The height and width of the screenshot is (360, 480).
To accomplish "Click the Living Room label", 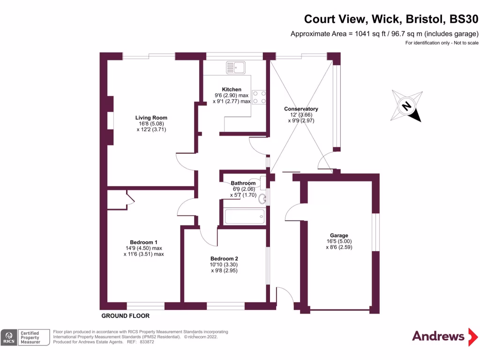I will [x=151, y=118].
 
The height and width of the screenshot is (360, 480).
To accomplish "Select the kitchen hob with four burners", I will [x=259, y=97].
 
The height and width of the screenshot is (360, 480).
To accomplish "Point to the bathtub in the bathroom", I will [x=244, y=217].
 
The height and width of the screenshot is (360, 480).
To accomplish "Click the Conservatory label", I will [x=301, y=109].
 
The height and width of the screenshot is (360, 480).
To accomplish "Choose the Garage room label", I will [x=338, y=235].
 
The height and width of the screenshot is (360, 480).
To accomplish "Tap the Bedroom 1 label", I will [x=144, y=242].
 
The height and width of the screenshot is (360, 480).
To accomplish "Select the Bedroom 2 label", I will [x=224, y=258].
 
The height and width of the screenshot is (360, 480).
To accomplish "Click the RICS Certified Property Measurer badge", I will [x=25, y=337].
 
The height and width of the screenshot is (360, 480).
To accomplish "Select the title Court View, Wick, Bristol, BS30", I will [x=391, y=19].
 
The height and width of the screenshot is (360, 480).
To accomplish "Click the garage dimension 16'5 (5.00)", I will [x=338, y=241].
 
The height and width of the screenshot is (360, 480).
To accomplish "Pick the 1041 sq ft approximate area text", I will [x=384, y=34].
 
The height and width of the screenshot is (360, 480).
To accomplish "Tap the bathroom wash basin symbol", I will [x=262, y=198].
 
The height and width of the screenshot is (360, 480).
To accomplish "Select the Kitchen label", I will [x=232, y=89].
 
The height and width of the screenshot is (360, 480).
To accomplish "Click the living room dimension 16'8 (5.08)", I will [x=151, y=124].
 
